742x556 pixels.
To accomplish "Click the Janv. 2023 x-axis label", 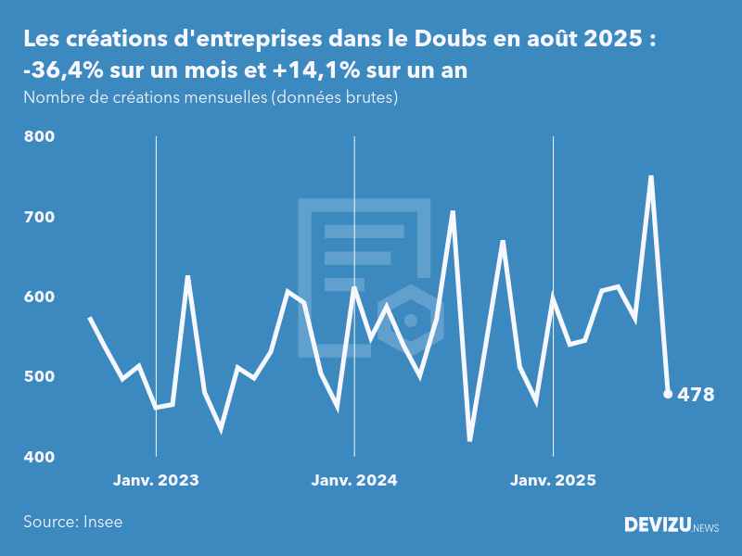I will tap(156, 481).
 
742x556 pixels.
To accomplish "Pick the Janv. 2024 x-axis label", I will tap(354, 481).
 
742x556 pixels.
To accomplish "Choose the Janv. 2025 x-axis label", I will tap(554, 481).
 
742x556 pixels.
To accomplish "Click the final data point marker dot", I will tap(668, 394).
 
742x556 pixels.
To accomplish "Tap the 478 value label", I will tap(696, 395).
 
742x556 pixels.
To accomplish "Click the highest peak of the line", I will tap(651, 176).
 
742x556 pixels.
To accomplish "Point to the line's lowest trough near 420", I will tap(470, 440).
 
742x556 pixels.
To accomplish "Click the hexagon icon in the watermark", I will tap(411, 320).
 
